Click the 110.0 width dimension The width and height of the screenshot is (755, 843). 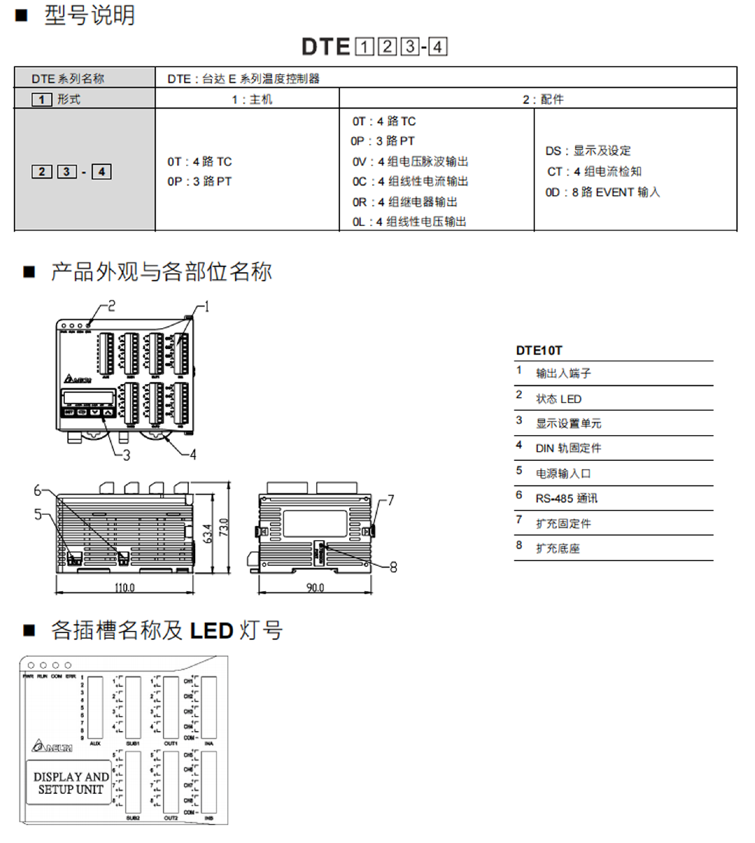click(x=124, y=587)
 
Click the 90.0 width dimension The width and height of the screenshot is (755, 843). click(x=315, y=587)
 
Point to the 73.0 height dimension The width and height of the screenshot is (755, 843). click(x=224, y=527)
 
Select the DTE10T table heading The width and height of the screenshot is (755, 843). click(x=539, y=351)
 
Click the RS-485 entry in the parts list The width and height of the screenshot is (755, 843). click(x=566, y=498)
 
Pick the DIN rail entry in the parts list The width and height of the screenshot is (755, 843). click(x=568, y=448)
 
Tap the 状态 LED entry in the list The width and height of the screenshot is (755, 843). click(x=558, y=399)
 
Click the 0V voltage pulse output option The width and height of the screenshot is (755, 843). click(x=410, y=161)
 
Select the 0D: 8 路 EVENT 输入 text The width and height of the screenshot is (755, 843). click(x=602, y=192)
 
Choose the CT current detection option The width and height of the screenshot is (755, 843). click(x=594, y=171)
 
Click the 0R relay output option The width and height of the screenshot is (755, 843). click(x=405, y=202)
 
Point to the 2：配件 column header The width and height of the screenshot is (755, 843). click(x=543, y=99)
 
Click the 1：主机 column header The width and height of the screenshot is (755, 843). click(x=252, y=99)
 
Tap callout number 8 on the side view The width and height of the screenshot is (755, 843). click(x=393, y=567)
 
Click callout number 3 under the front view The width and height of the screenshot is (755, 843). click(x=127, y=455)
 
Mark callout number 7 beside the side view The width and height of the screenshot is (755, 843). click(x=390, y=500)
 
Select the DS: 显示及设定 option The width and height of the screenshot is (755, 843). click(x=588, y=151)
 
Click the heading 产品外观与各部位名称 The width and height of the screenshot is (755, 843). click(x=161, y=272)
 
